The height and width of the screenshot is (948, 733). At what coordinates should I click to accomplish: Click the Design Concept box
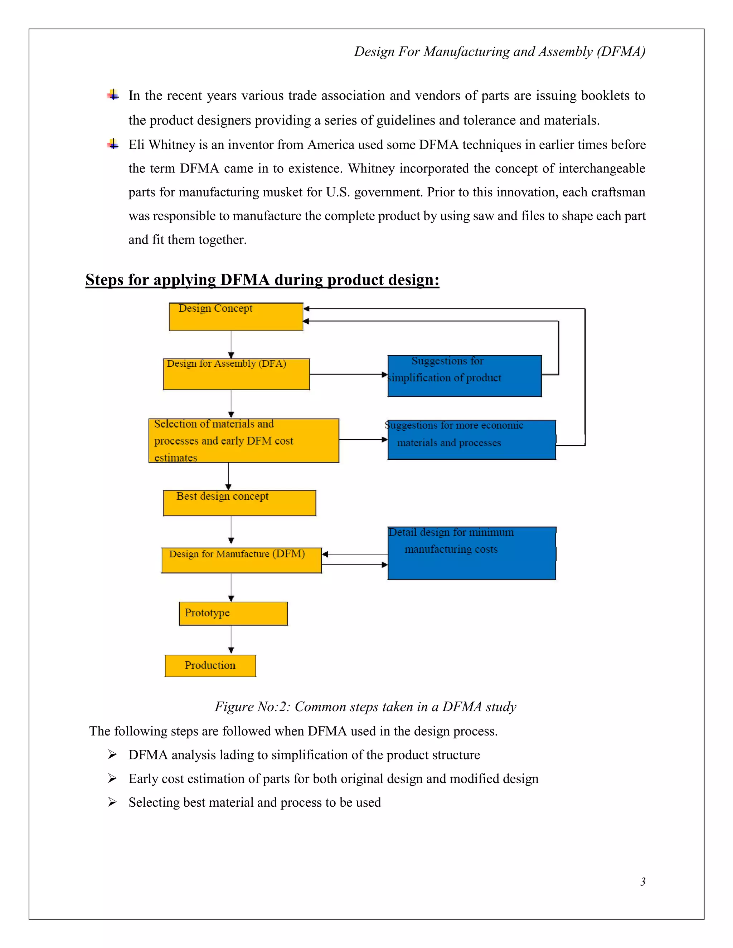point(236,317)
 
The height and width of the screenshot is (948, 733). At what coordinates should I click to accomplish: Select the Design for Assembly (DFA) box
point(236,374)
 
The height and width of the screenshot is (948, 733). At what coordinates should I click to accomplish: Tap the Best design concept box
point(239,503)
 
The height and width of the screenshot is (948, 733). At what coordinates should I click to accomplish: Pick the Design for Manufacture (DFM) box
point(242,560)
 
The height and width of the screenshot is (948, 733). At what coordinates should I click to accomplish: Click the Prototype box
point(233,613)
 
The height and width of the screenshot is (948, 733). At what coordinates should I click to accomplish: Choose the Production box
point(210,665)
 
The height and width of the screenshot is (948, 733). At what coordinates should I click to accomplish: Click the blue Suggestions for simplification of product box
point(464,376)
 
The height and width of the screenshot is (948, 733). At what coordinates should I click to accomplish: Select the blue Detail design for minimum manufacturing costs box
point(472,553)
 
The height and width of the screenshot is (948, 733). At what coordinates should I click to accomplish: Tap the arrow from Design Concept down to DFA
point(231,344)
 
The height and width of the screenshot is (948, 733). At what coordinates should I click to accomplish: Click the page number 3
point(643,881)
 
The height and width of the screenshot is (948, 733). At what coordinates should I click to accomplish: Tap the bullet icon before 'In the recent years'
point(113,95)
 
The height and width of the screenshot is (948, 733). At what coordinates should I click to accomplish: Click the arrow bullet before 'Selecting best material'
point(112,802)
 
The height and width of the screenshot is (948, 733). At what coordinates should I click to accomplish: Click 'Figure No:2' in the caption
point(252,707)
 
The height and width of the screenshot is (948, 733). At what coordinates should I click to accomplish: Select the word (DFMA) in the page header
point(621,52)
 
